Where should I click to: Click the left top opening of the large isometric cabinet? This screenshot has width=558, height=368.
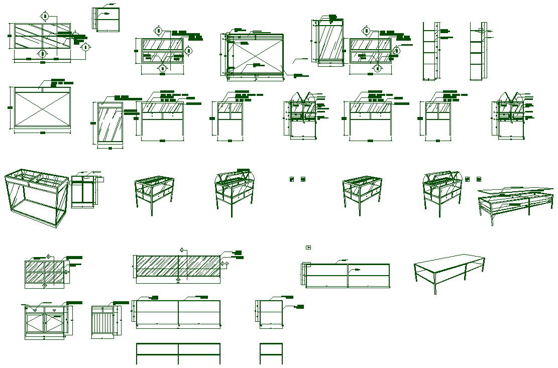(x=24, y=176)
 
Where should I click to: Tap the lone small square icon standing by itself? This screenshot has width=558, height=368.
(x=308, y=247)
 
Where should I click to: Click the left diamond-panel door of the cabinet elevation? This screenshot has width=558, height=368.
(x=36, y=322)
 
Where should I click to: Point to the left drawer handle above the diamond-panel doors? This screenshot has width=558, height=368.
(x=34, y=310)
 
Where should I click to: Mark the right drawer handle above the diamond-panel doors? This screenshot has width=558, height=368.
(x=55, y=310)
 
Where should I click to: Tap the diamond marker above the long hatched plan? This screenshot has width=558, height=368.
(x=181, y=249)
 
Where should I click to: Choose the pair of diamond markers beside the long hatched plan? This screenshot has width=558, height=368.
(x=225, y=264)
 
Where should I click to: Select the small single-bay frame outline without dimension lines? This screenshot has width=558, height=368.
(x=271, y=353)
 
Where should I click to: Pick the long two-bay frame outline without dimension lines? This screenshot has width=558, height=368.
(x=178, y=353)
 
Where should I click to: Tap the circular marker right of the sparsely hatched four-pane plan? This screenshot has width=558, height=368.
(x=85, y=47)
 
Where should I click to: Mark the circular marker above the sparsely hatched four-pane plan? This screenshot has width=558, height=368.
(x=45, y=16)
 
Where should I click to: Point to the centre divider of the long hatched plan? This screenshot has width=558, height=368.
(x=178, y=266)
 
